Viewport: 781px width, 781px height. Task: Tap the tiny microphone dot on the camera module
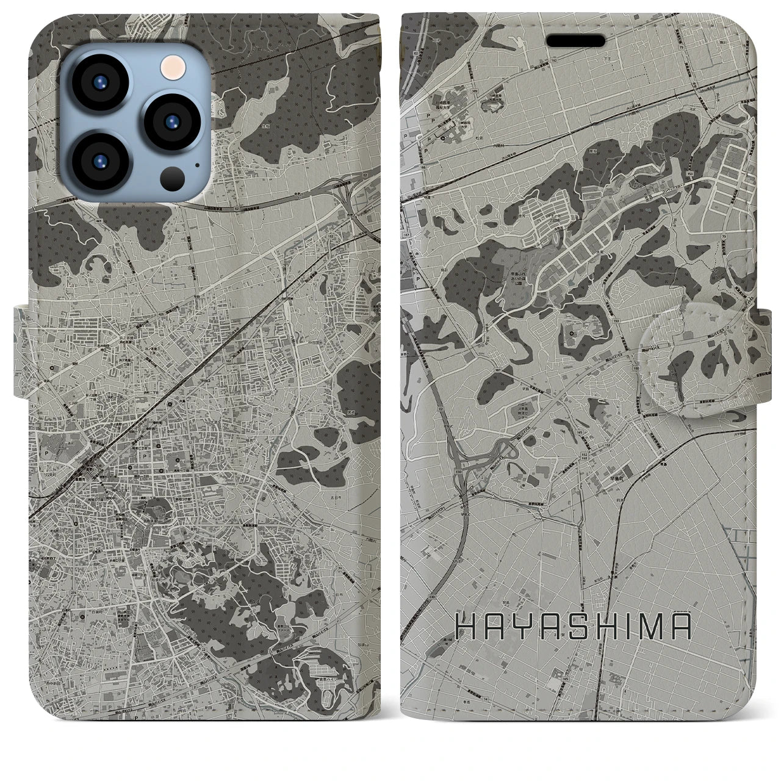point(196,164)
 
